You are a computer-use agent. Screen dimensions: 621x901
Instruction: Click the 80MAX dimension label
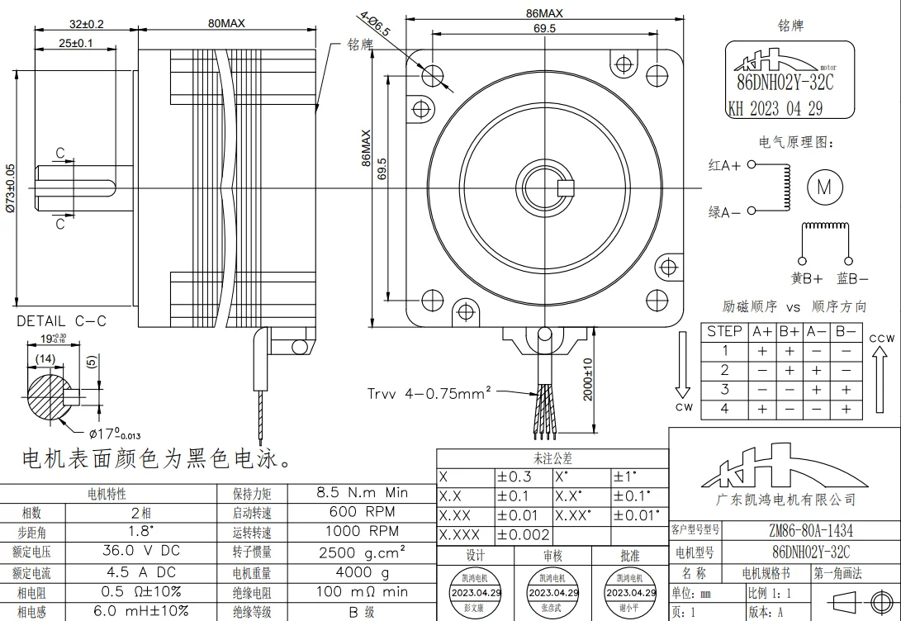[226, 24]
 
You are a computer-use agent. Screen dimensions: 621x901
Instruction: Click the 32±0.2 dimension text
[86, 24]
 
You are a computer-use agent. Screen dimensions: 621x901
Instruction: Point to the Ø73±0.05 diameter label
[10, 188]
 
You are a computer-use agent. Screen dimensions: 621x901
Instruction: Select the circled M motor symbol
[823, 187]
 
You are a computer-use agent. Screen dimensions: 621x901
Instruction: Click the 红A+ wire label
[724, 165]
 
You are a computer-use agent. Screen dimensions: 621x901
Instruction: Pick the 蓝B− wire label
[852, 279]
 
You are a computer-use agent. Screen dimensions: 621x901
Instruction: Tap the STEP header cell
[724, 332]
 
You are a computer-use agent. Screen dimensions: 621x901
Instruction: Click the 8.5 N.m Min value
[362, 492]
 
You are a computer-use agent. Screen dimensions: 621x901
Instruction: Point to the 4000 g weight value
[362, 571]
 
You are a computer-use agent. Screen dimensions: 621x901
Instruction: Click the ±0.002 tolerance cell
[523, 534]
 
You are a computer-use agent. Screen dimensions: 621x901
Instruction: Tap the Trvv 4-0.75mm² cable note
[429, 394]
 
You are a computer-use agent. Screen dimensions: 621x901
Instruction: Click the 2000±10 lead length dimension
[588, 379]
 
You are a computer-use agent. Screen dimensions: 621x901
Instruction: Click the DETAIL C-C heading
[62, 321]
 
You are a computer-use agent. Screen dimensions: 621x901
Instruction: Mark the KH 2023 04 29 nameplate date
[775, 109]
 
